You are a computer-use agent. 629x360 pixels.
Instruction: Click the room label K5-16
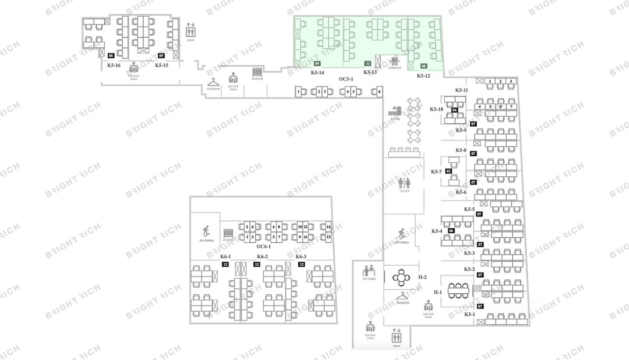pos(114,65)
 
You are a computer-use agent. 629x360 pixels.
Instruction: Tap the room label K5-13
pos(370,72)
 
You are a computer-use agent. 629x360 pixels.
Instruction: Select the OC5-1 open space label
pos(346,79)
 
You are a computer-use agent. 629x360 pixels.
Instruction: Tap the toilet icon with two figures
pos(404,183)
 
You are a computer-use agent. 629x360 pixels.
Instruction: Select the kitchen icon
pos(396,111)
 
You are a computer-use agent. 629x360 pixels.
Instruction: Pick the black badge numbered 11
pos(367,63)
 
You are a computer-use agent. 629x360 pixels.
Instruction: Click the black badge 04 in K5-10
pos(455,110)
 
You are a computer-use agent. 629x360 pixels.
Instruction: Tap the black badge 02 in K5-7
pos(448,171)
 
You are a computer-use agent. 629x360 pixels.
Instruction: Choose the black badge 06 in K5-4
pos(451,231)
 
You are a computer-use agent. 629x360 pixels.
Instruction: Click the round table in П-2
pos(401,278)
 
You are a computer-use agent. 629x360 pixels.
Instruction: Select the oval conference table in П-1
pos(458,290)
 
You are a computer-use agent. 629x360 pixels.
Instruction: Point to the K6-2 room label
pos(262,256)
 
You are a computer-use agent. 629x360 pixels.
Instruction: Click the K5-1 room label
pos(470,314)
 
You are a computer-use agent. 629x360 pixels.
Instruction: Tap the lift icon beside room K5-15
pos(191,31)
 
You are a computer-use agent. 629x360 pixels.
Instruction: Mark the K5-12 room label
pos(424,76)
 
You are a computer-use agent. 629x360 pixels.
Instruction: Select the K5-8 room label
pos(460,150)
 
